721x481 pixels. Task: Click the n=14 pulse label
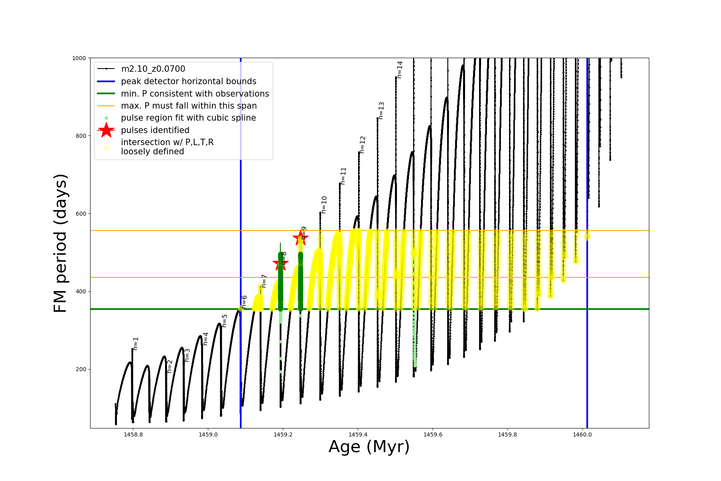[399, 70]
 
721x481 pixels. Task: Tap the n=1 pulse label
[136, 344]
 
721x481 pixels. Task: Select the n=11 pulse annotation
[343, 176]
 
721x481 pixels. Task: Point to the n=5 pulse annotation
[225, 321]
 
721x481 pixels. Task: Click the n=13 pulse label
[381, 111]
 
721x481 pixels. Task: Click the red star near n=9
[300, 238]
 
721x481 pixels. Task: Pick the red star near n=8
[280, 264]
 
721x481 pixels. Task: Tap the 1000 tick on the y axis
[79, 58]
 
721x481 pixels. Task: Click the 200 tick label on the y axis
[81, 369]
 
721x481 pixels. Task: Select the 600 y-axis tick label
[81, 214]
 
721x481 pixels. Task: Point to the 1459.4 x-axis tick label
[358, 435]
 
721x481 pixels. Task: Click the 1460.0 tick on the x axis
[582, 435]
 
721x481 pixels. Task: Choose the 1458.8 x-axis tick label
[133, 435]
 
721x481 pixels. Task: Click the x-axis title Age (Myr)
[369, 447]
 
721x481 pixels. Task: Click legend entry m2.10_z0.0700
[153, 69]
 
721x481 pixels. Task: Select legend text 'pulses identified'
[155, 130]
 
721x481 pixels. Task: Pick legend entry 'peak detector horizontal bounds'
[188, 81]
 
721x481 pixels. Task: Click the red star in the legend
[106, 130]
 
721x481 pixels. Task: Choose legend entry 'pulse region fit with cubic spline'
[188, 118]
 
